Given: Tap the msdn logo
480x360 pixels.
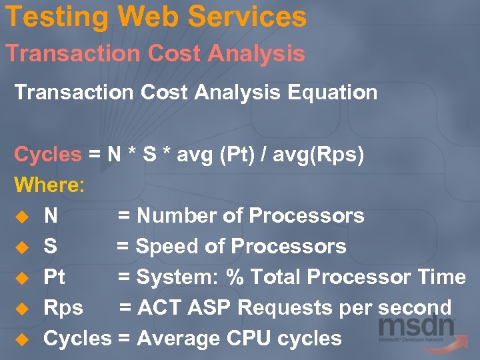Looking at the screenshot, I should point(417,329).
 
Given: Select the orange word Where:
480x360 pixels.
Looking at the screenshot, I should point(50,185).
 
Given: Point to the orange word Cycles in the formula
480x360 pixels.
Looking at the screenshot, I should point(47,155).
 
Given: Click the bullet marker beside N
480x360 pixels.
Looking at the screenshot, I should point(22,216).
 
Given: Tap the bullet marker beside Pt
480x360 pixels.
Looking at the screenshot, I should point(22,277).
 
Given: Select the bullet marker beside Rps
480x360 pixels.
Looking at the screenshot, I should point(22,308).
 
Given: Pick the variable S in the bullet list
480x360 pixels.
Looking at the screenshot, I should point(50,246).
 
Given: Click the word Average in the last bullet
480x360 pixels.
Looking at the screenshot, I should point(179,338).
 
